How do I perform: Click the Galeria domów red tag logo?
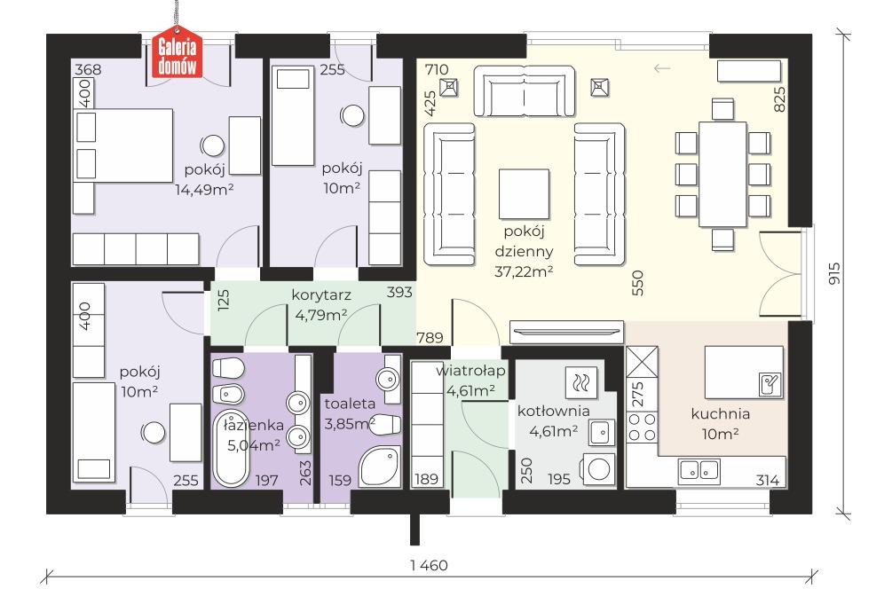coord(177,55)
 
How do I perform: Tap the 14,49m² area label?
coord(204,189)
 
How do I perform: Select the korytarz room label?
coord(320,295)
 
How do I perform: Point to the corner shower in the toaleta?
coord(381,466)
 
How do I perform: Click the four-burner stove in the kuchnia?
coord(642,428)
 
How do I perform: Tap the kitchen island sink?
coord(770,384)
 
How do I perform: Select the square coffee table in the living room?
coord(524,193)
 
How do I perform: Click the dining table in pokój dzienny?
coord(722,174)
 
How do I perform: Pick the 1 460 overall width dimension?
coord(429,565)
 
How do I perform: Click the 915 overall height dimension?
coord(834,273)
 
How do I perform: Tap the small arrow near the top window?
coord(662,69)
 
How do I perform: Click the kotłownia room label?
coord(553,411)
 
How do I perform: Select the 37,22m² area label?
coord(524,271)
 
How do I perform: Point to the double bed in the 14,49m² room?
coord(123,145)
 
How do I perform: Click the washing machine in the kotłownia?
coord(598,469)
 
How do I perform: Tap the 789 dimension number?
coord(430,338)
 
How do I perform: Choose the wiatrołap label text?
coord(470,371)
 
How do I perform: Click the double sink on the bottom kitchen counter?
coord(699,470)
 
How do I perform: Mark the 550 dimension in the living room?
coord(637,282)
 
